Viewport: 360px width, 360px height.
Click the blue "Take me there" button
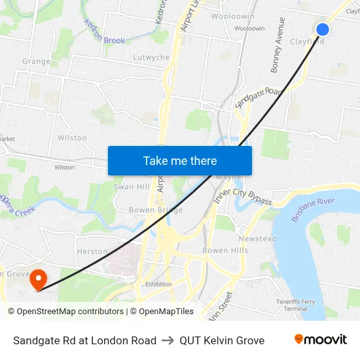point(180,160)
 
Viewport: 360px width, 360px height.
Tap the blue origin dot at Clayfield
point(323,29)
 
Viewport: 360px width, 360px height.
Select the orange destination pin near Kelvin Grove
point(39,279)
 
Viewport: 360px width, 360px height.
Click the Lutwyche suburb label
point(151,58)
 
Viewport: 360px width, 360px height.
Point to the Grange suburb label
point(36,62)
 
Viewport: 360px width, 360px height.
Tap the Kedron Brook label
point(105,35)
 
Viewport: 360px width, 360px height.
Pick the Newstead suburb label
point(257,239)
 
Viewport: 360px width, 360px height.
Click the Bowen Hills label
point(225,250)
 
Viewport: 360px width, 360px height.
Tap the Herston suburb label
point(92,251)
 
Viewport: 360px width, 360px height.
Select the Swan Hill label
point(132,187)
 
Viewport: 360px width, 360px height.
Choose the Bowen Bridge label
point(156,210)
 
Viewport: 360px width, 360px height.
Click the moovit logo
point(321,340)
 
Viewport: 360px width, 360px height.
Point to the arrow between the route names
point(168,340)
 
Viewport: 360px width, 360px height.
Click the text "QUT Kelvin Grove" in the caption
point(222,340)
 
